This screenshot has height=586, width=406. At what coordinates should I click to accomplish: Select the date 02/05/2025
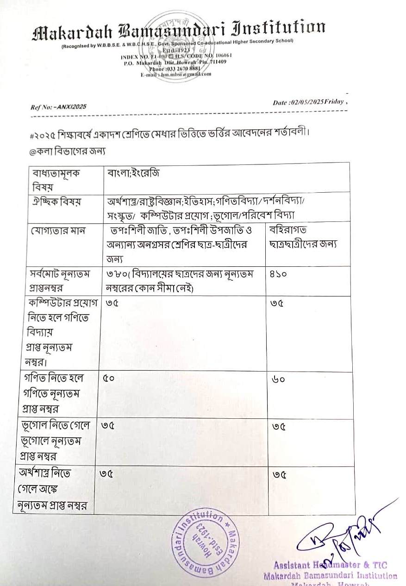[305, 102]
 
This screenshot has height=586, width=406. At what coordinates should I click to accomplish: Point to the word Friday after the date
[334, 102]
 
